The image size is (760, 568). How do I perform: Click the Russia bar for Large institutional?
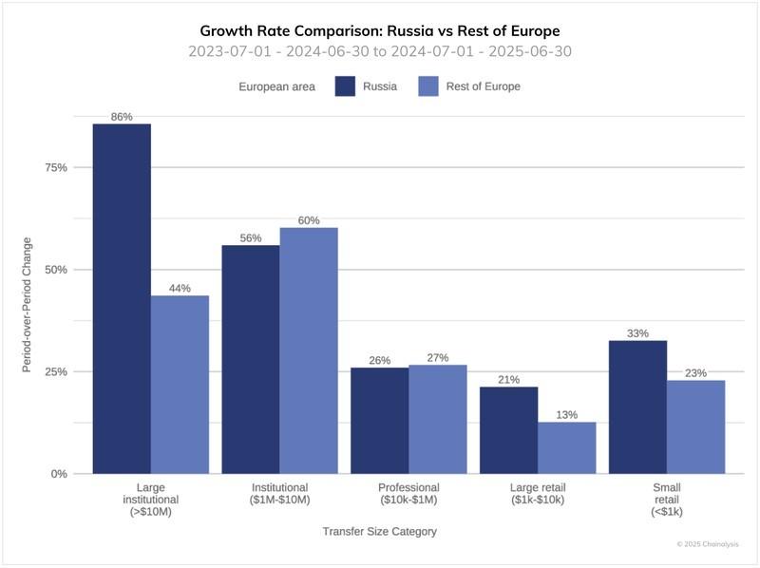[121, 298]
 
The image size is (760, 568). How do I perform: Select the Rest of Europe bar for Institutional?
[309, 350]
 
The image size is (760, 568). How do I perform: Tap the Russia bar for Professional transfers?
[379, 420]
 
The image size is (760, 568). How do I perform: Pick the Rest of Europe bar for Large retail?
[566, 447]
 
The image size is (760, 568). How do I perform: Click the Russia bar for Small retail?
[637, 407]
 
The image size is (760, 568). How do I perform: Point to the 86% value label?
[121, 117]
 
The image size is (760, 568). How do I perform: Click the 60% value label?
[309, 220]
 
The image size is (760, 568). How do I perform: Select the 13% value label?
[566, 414]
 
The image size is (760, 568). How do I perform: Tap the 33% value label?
[637, 333]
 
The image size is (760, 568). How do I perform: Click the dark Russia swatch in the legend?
[344, 86]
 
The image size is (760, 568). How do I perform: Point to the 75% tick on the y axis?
[56, 168]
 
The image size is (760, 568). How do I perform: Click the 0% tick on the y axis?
[59, 473]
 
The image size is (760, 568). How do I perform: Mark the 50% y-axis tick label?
[56, 270]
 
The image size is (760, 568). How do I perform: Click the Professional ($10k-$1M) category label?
[408, 493]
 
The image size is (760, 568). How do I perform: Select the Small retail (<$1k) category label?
[667, 500]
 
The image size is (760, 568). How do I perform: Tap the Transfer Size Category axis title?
[379, 532]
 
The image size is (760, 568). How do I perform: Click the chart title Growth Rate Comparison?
[380, 30]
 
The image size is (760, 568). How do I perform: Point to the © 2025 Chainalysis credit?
[707, 544]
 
